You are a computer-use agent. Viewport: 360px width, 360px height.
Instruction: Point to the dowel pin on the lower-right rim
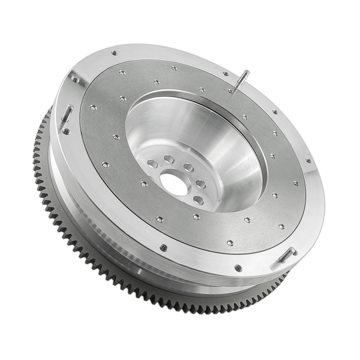pyautogui.click(x=287, y=254)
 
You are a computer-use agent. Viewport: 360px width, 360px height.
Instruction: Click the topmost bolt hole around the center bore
pyautogui.click(x=169, y=160)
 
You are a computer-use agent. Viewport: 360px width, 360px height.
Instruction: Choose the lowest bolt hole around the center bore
pyautogui.click(x=198, y=200)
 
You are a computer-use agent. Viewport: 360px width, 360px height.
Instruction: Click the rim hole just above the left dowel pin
pyautogui.click(x=74, y=79)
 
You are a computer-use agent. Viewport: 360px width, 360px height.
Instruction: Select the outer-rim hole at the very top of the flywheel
pyautogui.click(x=113, y=53)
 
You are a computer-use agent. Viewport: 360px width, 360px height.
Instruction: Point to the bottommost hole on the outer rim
pyautogui.click(x=238, y=268)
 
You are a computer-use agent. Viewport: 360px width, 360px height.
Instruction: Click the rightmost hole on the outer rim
pyautogui.click(x=308, y=161)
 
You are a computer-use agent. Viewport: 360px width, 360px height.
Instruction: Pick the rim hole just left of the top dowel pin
pyautogui.click(x=226, y=74)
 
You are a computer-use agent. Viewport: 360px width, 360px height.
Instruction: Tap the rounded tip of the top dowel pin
pyautogui.click(x=246, y=72)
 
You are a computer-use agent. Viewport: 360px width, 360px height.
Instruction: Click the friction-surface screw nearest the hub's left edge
pyautogui.click(x=116, y=137)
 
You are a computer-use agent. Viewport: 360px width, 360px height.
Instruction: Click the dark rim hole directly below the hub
pyautogui.click(x=163, y=247)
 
